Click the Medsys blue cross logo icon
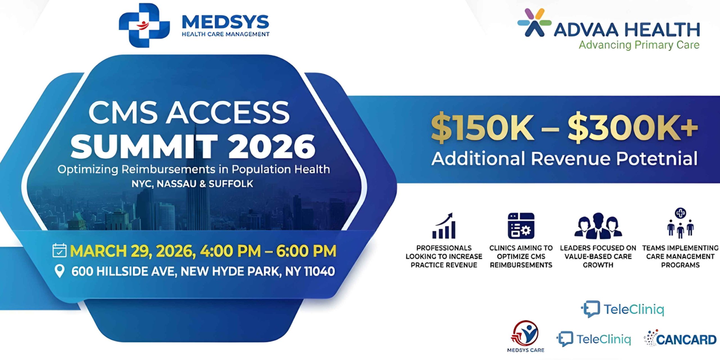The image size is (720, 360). [144, 25]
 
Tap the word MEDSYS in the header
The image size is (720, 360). [226, 22]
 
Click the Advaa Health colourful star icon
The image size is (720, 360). [534, 22]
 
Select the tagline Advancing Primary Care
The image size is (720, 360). [639, 45]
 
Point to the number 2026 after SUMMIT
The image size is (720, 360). [272, 147]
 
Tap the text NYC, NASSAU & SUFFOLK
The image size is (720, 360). [192, 184]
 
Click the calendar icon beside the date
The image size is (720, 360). [59, 250]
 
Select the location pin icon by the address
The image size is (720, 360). [59, 271]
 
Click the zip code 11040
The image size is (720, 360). [319, 271]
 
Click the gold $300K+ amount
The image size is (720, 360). [633, 128]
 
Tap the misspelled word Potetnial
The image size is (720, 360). [657, 158]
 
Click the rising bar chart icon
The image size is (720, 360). [444, 226]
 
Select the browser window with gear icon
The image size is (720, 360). [521, 226]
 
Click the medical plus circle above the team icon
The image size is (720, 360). [680, 213]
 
